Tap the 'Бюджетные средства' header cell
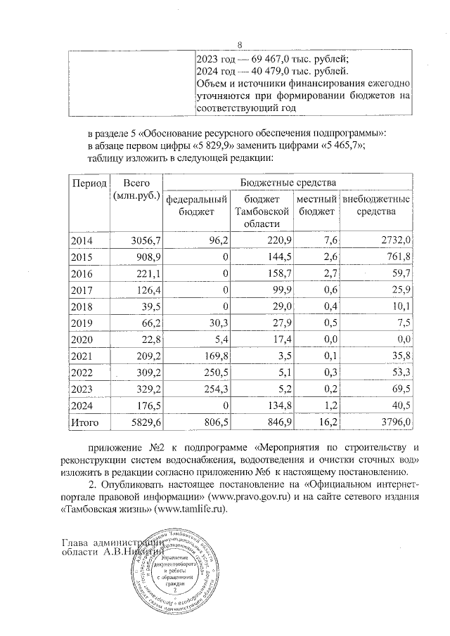point(288,183)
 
